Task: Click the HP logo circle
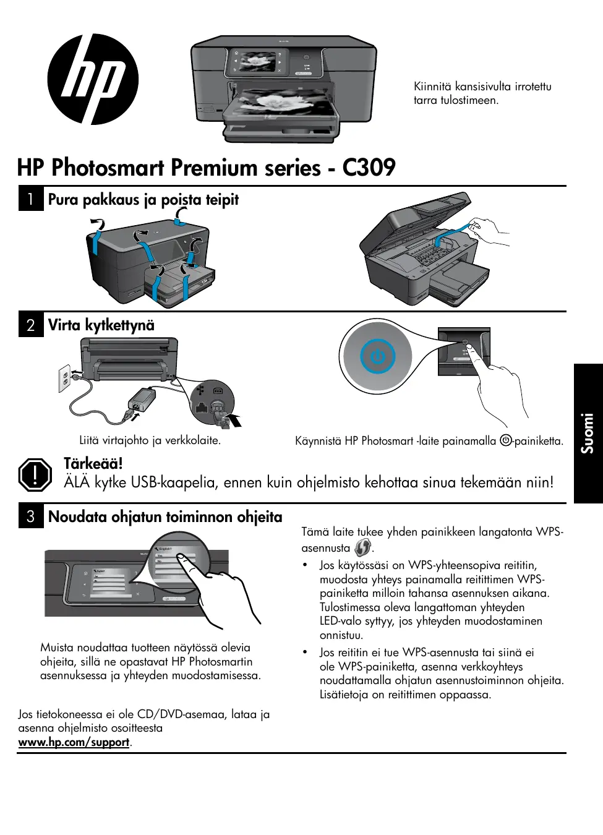click(x=93, y=79)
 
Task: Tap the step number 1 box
click(x=30, y=199)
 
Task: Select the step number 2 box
click(x=30, y=325)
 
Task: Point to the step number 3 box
click(x=30, y=516)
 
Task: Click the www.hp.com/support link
click(x=74, y=742)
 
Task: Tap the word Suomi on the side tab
click(x=587, y=433)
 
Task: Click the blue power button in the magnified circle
click(x=377, y=357)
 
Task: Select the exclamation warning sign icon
click(x=35, y=474)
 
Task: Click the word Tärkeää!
click(x=93, y=463)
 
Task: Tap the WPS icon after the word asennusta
click(x=362, y=547)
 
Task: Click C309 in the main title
click(x=369, y=168)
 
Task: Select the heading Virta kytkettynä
click(x=101, y=325)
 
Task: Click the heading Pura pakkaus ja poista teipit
click(x=143, y=199)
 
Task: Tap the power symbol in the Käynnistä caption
click(x=506, y=440)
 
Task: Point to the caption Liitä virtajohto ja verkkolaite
click(x=150, y=440)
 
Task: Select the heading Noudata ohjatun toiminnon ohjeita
click(x=165, y=516)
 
